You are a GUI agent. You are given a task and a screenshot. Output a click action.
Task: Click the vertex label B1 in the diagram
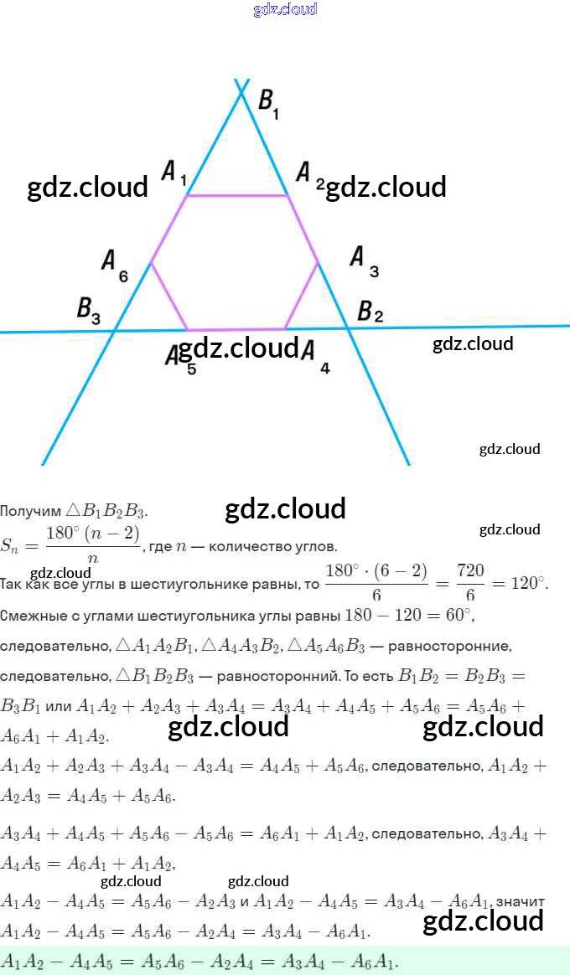(268, 103)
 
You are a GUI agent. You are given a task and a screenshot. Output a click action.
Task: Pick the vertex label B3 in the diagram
(89, 311)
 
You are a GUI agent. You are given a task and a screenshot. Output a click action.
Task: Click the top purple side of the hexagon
(237, 196)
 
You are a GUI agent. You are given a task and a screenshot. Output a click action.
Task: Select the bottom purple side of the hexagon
(236, 329)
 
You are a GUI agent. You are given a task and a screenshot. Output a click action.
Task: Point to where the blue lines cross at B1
(242, 90)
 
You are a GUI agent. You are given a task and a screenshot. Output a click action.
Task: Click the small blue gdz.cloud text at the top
(285, 9)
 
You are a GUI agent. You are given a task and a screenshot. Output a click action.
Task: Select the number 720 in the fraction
(470, 571)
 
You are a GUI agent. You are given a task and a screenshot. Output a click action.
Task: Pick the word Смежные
(34, 616)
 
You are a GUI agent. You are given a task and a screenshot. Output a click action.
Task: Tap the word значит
(520, 901)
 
